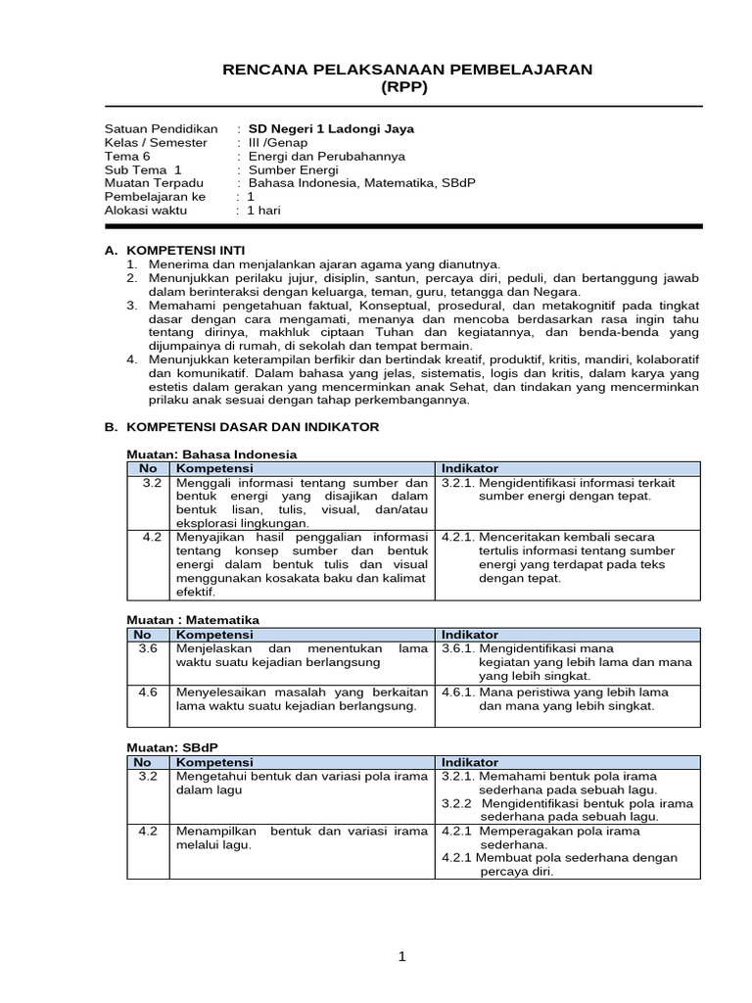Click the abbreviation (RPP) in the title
pyautogui.click(x=404, y=87)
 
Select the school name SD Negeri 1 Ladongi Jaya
pyautogui.click(x=331, y=128)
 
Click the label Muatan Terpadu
pyautogui.click(x=154, y=183)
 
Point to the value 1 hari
pyautogui.click(x=263, y=210)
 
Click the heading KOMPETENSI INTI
pyautogui.click(x=187, y=251)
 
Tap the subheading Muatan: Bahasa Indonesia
pyautogui.click(x=212, y=454)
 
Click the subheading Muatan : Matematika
pyautogui.click(x=194, y=620)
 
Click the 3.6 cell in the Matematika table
pyautogui.click(x=149, y=648)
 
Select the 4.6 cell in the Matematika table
pyautogui.click(x=149, y=692)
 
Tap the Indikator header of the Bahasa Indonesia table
pyautogui.click(x=470, y=468)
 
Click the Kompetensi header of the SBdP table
pyautogui.click(x=213, y=762)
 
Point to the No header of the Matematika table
pyautogui.click(x=143, y=635)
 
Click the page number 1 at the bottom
pyautogui.click(x=402, y=958)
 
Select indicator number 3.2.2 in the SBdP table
pyautogui.click(x=458, y=803)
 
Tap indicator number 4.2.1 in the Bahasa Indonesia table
pyautogui.click(x=459, y=537)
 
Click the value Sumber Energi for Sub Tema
pyautogui.click(x=293, y=169)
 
